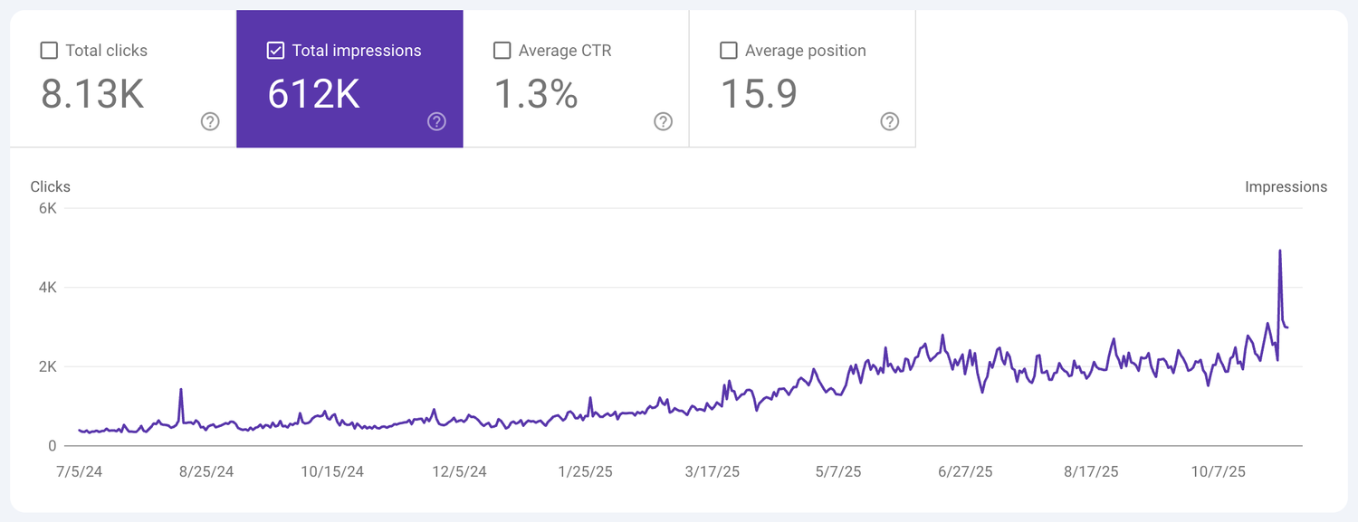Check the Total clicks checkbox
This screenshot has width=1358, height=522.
tap(49, 51)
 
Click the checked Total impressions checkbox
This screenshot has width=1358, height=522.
tap(275, 51)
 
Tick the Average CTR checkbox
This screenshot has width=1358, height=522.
tap(502, 51)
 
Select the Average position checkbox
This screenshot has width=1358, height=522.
tap(728, 51)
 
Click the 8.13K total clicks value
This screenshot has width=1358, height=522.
tap(92, 94)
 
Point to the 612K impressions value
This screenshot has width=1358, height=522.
tap(313, 94)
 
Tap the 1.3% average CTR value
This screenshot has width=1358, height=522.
tap(536, 94)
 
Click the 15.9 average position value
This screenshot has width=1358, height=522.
tap(759, 94)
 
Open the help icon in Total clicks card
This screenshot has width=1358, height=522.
tap(210, 121)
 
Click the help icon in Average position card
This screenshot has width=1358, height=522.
tap(889, 121)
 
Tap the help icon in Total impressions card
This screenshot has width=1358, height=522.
tap(436, 121)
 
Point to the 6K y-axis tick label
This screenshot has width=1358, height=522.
tap(46, 208)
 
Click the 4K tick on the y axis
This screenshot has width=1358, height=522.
tap(46, 288)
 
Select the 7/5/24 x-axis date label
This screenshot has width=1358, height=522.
tap(79, 471)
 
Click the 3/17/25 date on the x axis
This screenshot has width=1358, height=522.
tap(712, 471)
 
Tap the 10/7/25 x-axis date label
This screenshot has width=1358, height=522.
tap(1219, 471)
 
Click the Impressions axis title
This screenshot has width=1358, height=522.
tap(1286, 187)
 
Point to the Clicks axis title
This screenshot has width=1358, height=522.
tap(50, 187)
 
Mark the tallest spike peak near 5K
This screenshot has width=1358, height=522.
tap(1279, 251)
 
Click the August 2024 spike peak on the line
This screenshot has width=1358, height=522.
tap(181, 390)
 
